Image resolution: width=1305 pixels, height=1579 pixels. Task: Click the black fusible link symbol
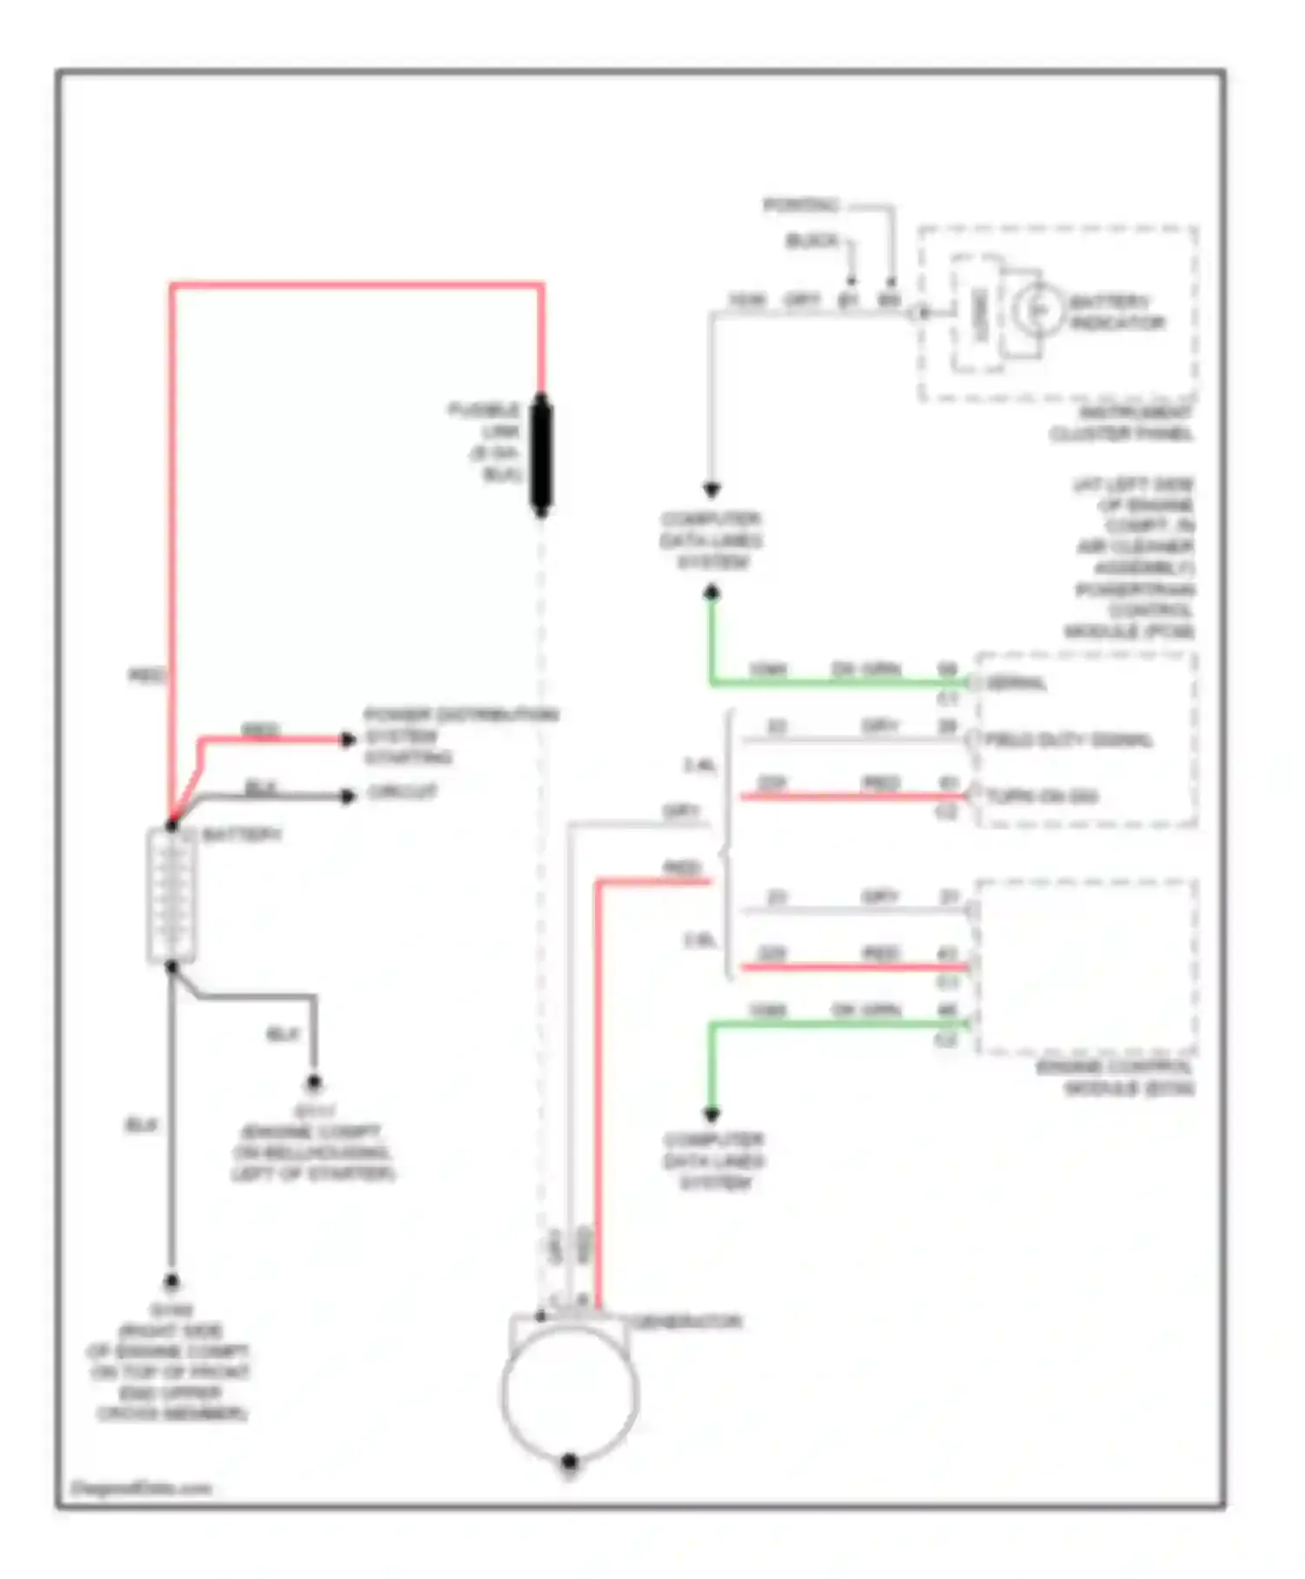pos(540,454)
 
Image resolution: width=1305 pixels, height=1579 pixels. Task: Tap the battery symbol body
pos(171,896)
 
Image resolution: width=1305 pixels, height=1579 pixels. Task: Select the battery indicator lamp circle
pos(1036,309)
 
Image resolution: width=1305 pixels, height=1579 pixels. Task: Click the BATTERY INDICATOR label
pos(1115,312)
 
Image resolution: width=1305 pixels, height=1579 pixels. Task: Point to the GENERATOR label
pos(687,1321)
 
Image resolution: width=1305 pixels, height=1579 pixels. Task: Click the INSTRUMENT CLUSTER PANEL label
pos(1122,423)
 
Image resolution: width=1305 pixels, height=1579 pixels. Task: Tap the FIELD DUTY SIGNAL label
pos(1068,740)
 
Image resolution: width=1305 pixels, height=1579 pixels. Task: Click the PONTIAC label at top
pos(800,205)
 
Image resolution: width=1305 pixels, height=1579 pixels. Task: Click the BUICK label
pos(811,240)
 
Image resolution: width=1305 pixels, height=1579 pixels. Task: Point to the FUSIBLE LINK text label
pos(487,441)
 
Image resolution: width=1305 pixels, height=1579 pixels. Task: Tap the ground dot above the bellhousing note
pos(314,1084)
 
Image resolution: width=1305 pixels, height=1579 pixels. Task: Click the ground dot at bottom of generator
pos(570,1461)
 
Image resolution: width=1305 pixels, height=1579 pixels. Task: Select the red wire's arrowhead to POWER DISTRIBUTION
pos(348,740)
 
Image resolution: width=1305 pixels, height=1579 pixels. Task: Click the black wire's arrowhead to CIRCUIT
pos(348,796)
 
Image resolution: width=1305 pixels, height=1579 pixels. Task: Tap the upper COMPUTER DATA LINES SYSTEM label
pos(712,541)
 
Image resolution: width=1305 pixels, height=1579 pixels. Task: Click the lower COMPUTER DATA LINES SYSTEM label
pos(713,1161)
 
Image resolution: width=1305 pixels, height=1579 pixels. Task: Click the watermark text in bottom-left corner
pos(141,1488)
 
